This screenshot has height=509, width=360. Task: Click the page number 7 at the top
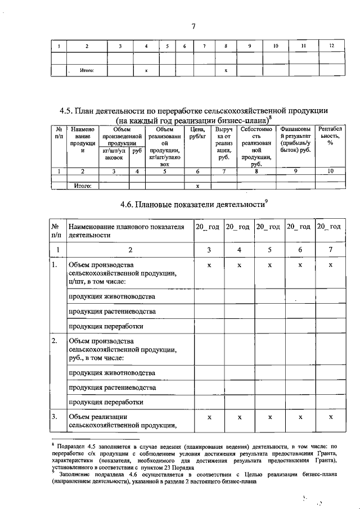click(193, 26)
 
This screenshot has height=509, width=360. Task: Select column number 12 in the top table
click(331, 46)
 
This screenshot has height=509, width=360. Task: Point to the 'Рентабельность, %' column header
click(330, 138)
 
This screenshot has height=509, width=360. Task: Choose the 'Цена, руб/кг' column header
click(197, 133)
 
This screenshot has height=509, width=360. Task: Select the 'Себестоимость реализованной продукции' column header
click(256, 146)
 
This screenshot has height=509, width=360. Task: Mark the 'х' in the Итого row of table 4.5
click(197, 186)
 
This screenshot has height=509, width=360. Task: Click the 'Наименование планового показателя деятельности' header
click(126, 231)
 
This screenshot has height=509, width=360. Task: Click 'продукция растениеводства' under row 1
click(112, 311)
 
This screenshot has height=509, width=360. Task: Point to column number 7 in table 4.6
click(331, 249)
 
